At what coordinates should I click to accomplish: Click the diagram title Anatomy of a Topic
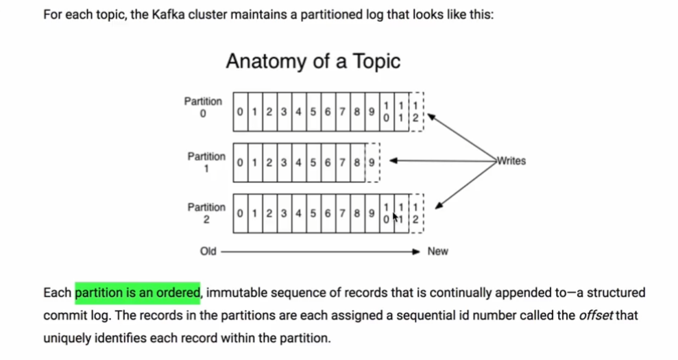point(313,61)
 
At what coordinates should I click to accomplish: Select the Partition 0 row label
point(203,107)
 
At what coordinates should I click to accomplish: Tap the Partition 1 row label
point(206,162)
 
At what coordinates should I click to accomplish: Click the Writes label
point(511,160)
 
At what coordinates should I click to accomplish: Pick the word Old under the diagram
point(208,252)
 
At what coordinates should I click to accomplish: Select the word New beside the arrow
point(437,252)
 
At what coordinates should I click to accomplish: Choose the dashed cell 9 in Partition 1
point(372,163)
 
